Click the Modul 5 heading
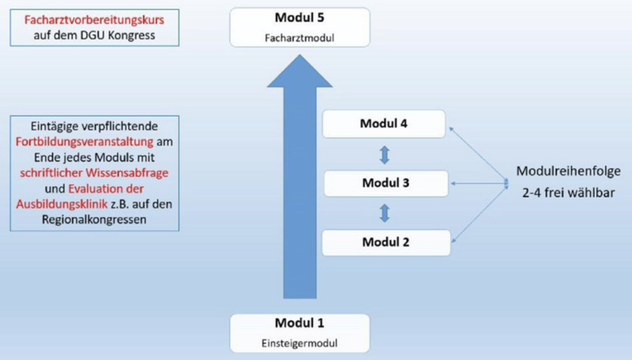300,18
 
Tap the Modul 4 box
385,124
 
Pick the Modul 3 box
385,183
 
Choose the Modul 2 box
385,242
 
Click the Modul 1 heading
299,324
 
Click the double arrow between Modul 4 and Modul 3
385,154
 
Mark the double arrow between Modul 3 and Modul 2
385,212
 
